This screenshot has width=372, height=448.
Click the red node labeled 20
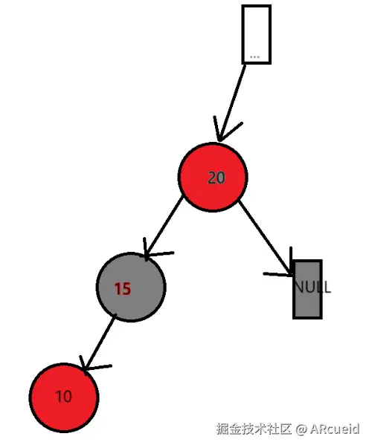click(212, 177)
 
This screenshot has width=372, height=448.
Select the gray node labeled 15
click(131, 288)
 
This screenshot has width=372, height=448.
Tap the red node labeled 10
click(64, 397)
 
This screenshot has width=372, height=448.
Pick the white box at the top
click(256, 33)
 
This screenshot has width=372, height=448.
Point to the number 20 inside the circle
click(216, 178)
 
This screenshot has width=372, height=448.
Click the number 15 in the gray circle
click(123, 289)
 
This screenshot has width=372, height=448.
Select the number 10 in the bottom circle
click(64, 397)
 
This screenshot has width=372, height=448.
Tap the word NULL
click(312, 288)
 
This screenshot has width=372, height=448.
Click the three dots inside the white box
click(255, 56)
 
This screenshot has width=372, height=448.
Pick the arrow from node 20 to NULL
click(264, 236)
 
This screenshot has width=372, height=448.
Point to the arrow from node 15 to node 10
click(100, 342)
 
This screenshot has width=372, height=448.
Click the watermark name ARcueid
click(335, 430)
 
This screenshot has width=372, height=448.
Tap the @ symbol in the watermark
click(301, 430)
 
